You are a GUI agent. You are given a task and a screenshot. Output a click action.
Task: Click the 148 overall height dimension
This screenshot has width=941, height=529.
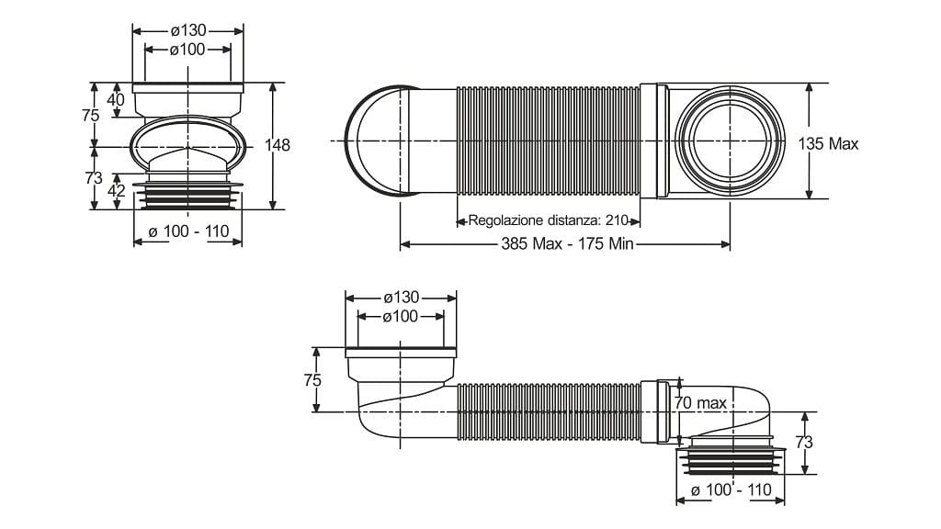[278, 145]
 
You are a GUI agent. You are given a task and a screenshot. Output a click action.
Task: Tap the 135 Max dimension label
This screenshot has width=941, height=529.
[828, 143]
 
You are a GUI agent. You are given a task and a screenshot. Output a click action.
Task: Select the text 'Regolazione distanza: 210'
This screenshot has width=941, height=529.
[548, 220]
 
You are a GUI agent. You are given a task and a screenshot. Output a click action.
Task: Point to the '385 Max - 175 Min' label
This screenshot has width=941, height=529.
[567, 244]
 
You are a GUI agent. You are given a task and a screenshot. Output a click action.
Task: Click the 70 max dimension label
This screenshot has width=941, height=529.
[699, 402]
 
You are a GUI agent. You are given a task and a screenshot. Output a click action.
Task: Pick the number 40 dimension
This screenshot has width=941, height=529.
[116, 99]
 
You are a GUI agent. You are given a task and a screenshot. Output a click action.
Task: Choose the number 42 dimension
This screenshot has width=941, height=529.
[116, 191]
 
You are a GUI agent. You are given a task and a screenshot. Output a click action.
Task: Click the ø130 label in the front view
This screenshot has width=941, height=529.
[188, 30]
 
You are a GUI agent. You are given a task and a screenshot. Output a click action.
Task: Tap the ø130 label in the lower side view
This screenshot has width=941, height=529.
[401, 297]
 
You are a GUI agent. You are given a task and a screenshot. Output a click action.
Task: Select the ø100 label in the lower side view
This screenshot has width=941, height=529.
[401, 316]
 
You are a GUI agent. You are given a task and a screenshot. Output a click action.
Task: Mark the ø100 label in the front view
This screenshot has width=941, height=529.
[187, 50]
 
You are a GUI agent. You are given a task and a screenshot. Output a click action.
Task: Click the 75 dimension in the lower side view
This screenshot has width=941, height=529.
[312, 380]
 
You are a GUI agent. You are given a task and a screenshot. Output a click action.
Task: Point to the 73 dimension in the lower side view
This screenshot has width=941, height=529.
[803, 443]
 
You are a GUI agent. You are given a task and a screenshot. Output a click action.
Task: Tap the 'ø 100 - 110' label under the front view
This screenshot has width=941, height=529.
[188, 231]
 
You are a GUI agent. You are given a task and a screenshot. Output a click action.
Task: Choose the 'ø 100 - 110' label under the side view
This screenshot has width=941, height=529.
[731, 490]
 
